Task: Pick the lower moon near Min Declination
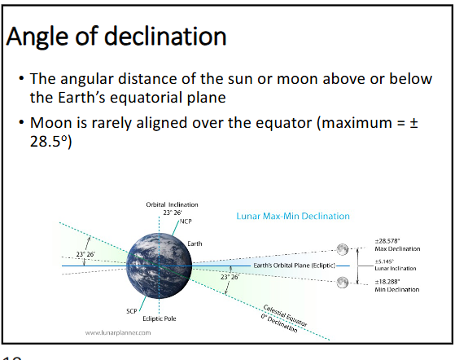tap(343, 282)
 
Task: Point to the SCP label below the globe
tap(130, 311)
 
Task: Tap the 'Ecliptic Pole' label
tap(159, 318)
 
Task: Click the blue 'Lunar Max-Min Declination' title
tap(292, 217)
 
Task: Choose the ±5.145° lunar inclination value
tap(383, 261)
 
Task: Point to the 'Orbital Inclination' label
tap(172, 204)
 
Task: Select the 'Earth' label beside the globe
tap(195, 244)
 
